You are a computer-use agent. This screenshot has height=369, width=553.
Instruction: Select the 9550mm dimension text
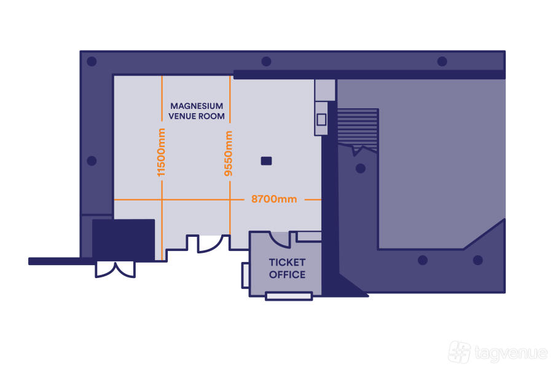(229, 153)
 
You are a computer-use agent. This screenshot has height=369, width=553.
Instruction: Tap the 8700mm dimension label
(274, 199)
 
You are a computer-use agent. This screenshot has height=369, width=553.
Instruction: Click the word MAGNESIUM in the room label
(197, 106)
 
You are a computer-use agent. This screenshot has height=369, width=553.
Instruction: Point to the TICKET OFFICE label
(287, 269)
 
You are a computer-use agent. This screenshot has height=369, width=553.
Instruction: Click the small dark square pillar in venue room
(266, 161)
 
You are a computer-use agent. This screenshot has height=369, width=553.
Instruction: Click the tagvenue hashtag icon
(460, 352)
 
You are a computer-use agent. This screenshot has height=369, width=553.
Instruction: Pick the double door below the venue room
(208, 244)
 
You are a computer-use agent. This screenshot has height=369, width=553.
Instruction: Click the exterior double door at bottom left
(115, 269)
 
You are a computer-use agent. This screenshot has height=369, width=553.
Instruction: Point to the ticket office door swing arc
(279, 239)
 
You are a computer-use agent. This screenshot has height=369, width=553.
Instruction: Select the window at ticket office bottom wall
(288, 296)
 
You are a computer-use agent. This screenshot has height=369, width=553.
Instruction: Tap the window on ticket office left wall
(245, 275)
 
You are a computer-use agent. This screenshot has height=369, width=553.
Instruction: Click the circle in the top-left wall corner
(92, 61)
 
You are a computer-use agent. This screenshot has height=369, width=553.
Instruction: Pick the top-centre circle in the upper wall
(266, 61)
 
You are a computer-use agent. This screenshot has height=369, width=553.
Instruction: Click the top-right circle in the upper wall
(442, 61)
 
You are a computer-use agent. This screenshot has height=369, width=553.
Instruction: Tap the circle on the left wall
(92, 161)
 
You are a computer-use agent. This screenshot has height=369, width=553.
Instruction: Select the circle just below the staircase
(361, 168)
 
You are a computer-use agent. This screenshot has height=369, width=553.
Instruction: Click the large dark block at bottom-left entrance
(123, 240)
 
